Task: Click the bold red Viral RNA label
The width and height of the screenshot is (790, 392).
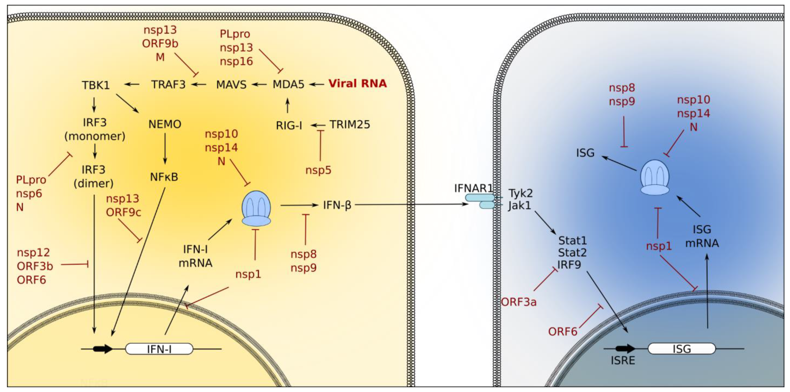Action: pyautogui.click(x=357, y=83)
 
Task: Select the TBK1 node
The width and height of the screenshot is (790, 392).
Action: pyautogui.click(x=96, y=85)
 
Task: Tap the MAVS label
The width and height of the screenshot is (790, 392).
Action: pyautogui.click(x=231, y=85)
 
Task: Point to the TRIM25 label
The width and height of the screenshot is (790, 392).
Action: pyautogui.click(x=350, y=124)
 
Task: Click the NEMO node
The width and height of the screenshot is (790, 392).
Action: pyautogui.click(x=165, y=124)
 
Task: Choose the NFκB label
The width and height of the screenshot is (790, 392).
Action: pyautogui.click(x=164, y=177)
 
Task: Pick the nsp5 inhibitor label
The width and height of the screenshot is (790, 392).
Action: pyautogui.click(x=318, y=170)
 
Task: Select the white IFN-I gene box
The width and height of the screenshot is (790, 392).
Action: pyautogui.click(x=159, y=349)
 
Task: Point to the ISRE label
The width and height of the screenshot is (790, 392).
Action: pyautogui.click(x=623, y=360)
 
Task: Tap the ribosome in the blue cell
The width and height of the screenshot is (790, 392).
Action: pyautogui.click(x=655, y=177)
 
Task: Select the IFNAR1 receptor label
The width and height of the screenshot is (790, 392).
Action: pyautogui.click(x=473, y=188)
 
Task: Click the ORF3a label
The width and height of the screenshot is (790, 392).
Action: pyautogui.click(x=519, y=302)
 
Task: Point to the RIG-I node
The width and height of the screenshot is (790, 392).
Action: pyautogui.click(x=289, y=125)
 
